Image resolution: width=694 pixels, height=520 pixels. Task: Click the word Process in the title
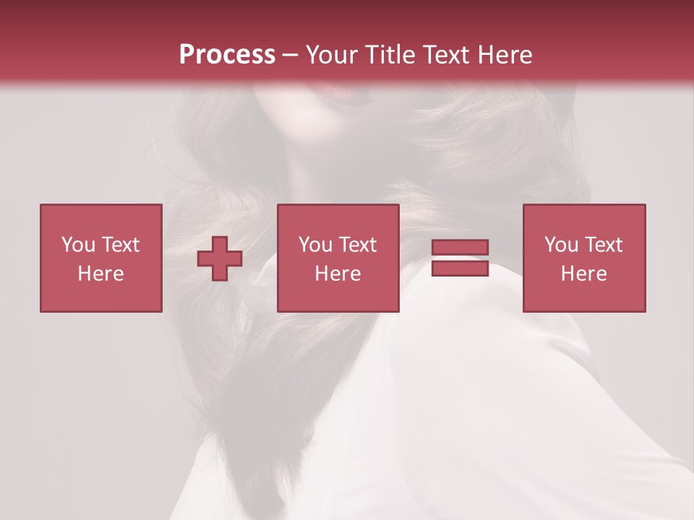tap(227, 55)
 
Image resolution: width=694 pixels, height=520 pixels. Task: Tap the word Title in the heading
tap(389, 55)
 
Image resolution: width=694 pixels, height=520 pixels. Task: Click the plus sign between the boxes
tap(220, 258)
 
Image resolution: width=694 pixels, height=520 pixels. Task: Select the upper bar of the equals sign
tap(460, 248)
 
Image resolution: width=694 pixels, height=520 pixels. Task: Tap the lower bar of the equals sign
tap(460, 268)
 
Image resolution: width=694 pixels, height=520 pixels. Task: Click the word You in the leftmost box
tap(77, 245)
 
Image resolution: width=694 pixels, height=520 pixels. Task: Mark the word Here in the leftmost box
tap(100, 274)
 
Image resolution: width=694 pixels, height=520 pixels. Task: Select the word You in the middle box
tap(314, 245)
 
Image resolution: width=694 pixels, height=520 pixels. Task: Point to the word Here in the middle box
tap(338, 274)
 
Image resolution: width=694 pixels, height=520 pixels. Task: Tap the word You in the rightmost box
tap(560, 245)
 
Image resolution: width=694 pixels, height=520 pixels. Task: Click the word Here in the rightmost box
tap(583, 274)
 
